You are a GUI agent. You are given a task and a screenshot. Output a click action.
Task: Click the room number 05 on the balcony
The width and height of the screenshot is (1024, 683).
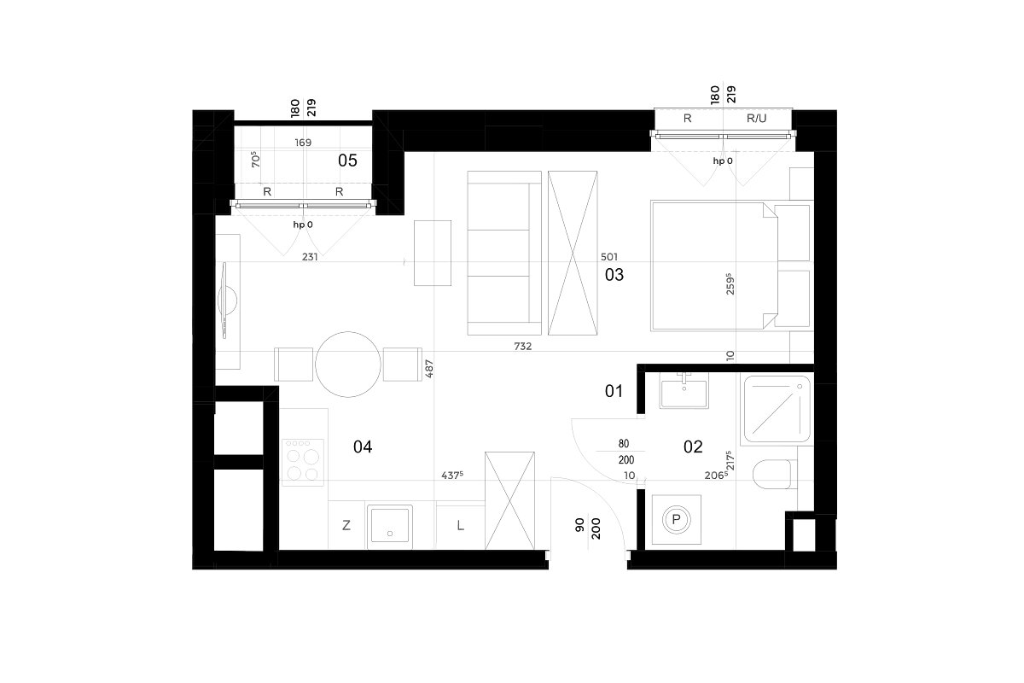pyautogui.click(x=347, y=161)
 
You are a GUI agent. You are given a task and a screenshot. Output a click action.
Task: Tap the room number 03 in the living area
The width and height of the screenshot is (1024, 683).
pyautogui.click(x=614, y=275)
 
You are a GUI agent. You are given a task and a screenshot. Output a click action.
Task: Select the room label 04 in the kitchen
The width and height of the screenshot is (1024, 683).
pyautogui.click(x=363, y=447)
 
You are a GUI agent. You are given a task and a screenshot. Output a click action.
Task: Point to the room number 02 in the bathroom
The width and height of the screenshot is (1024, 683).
pyautogui.click(x=693, y=447)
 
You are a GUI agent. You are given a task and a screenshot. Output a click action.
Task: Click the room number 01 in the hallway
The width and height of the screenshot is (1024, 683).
pyautogui.click(x=614, y=391)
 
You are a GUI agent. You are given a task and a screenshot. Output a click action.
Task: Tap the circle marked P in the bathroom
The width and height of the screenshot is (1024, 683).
pyautogui.click(x=676, y=520)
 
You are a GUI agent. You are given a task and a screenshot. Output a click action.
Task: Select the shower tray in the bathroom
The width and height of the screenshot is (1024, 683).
pyautogui.click(x=776, y=409)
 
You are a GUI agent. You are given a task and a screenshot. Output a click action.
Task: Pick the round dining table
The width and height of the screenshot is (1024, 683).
pyautogui.click(x=348, y=365)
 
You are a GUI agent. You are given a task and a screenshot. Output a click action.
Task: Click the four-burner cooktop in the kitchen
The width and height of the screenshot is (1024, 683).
pyautogui.click(x=303, y=463)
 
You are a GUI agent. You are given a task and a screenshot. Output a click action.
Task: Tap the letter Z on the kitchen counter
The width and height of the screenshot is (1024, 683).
pyautogui.click(x=346, y=525)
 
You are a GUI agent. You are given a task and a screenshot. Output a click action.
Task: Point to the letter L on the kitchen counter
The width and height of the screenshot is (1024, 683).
pyautogui.click(x=460, y=525)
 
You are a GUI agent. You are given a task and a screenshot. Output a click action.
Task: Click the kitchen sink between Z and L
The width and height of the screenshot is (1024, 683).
pyautogui.click(x=389, y=527)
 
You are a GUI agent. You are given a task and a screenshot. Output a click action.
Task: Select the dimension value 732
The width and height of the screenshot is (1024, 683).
pyautogui.click(x=522, y=347)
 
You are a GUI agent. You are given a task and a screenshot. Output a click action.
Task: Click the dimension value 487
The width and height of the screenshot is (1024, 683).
pyautogui.click(x=428, y=369)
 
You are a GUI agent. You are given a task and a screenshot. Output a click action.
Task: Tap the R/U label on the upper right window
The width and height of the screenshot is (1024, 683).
pyautogui.click(x=756, y=119)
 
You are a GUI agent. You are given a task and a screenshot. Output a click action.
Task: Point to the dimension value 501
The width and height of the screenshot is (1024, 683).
pyautogui.click(x=609, y=257)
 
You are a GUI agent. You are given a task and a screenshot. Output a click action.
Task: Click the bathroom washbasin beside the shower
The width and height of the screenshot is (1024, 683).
pyautogui.click(x=684, y=390)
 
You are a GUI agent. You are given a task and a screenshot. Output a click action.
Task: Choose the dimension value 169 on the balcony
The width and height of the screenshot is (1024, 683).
pyautogui.click(x=303, y=143)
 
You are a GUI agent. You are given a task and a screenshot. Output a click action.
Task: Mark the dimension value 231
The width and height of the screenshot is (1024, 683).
pyautogui.click(x=310, y=257)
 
